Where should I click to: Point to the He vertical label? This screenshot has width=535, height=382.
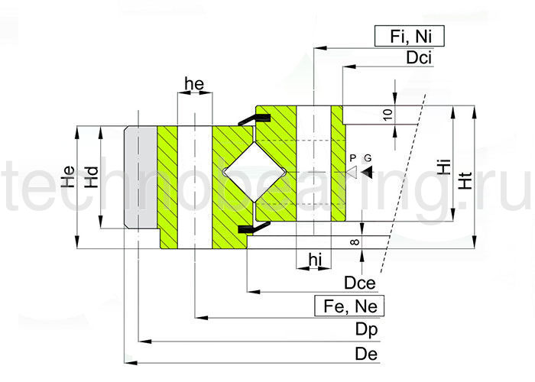pos(67,178)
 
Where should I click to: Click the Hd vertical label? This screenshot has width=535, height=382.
pos(91,178)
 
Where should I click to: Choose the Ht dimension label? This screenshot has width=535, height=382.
pos(464,179)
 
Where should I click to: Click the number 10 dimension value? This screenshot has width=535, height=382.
pos(387,115)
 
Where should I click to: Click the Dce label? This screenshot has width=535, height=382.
pos(358,283)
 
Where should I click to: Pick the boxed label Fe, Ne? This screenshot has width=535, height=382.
pos(349,306)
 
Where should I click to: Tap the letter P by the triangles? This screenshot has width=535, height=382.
pos(352,157)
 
